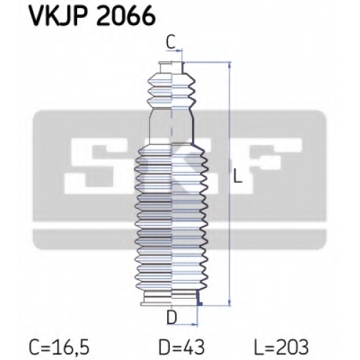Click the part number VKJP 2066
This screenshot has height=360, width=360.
coord(92,17)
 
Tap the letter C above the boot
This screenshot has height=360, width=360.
coord(171,42)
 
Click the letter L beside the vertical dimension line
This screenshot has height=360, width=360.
coord(237,176)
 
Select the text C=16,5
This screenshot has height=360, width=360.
coord(59,347)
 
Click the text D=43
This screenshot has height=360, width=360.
coord(181,347)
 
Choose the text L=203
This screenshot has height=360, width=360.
coord(282,347)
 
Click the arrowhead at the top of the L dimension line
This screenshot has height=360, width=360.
coord(230,66)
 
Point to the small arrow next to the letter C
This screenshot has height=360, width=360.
coord(178,50)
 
